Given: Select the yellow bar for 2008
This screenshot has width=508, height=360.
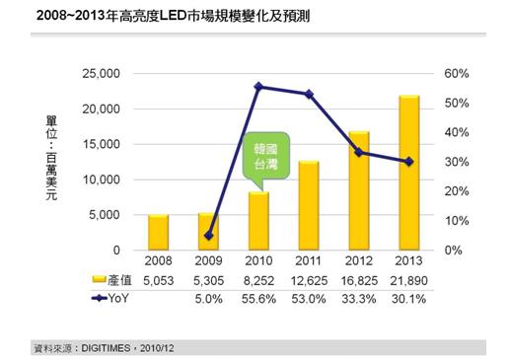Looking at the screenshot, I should click(x=159, y=232).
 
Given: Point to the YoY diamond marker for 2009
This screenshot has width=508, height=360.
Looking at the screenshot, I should click(x=209, y=236).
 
